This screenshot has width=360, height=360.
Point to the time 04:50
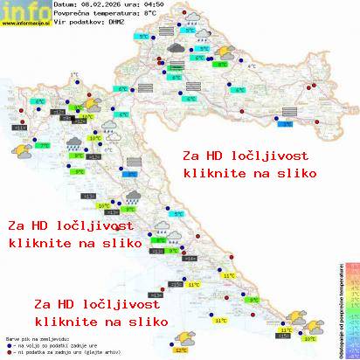coord(130,5)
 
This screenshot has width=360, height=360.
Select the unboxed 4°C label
coord(253,66)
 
